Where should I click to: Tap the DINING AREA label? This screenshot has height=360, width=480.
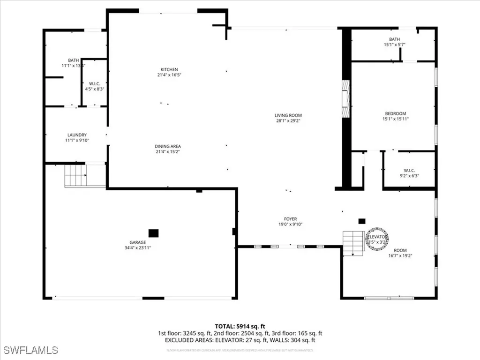[168, 146]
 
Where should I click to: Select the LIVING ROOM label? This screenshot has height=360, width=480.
[288, 115]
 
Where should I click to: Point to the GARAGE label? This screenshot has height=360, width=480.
[138, 242]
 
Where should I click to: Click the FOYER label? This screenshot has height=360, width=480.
[290, 219]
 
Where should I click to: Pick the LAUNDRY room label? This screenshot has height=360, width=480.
[76, 135]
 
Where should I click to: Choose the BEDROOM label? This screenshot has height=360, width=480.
[395, 113]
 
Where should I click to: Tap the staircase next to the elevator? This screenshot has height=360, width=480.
[353, 242]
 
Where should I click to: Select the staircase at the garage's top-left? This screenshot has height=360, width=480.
[75, 175]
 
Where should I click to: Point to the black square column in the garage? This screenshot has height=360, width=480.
[153, 232]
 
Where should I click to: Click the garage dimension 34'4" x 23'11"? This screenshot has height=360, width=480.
[138, 247]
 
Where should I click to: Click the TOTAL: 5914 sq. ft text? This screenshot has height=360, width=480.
[240, 326]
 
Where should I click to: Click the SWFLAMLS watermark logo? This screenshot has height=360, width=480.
[30, 350]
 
